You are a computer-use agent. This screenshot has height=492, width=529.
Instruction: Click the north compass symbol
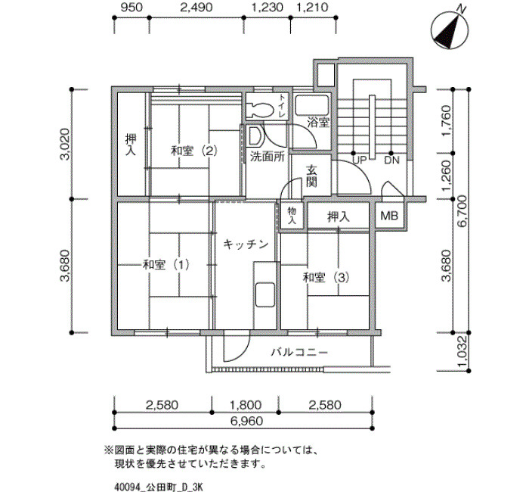450,30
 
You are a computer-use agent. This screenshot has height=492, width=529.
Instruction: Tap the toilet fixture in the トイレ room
260,111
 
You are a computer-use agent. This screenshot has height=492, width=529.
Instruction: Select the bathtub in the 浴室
311,105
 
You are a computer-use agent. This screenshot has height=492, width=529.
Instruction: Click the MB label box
389,216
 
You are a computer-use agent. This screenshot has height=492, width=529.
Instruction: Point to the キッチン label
246,244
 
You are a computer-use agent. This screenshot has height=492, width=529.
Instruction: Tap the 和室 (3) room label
326,278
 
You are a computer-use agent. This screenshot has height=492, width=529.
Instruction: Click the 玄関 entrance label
311,176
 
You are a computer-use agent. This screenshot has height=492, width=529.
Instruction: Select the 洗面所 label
268,157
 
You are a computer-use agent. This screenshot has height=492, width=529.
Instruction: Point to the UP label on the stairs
359,160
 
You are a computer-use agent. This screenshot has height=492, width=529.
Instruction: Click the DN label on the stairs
391,160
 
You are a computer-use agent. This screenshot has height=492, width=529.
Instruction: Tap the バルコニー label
299,353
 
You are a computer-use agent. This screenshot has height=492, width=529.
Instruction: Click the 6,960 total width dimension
246,421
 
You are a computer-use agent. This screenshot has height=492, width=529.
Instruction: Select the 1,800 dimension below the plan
246,405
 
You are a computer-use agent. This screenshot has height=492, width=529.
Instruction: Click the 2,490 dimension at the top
196,8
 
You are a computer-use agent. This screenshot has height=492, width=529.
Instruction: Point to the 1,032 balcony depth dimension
462,352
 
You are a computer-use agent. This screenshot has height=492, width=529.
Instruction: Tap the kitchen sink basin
265,294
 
